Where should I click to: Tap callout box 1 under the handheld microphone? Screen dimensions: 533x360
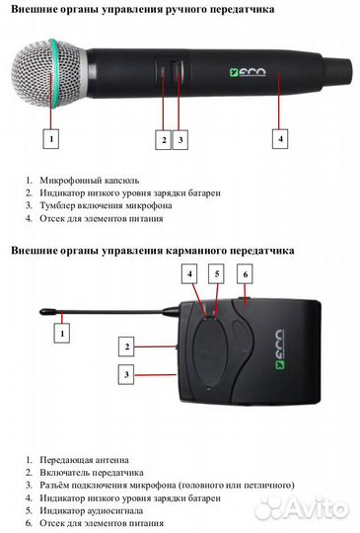tap(51, 139)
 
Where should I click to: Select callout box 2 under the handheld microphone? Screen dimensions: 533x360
tap(165, 139)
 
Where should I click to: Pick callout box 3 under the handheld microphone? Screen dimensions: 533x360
tap(181, 139)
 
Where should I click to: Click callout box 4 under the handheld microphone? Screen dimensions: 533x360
tap(280, 139)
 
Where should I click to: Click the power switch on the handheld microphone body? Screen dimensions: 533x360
tap(179, 73)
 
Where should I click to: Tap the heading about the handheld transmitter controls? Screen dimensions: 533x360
tap(143, 9)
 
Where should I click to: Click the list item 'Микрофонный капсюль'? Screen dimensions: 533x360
tap(89, 181)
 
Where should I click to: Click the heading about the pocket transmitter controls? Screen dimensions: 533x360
tap(152, 251)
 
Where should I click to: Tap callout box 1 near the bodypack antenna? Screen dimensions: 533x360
tap(63, 335)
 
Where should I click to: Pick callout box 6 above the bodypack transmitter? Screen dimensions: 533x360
tap(247, 271)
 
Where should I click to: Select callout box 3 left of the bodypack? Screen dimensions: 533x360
tap(126, 374)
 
